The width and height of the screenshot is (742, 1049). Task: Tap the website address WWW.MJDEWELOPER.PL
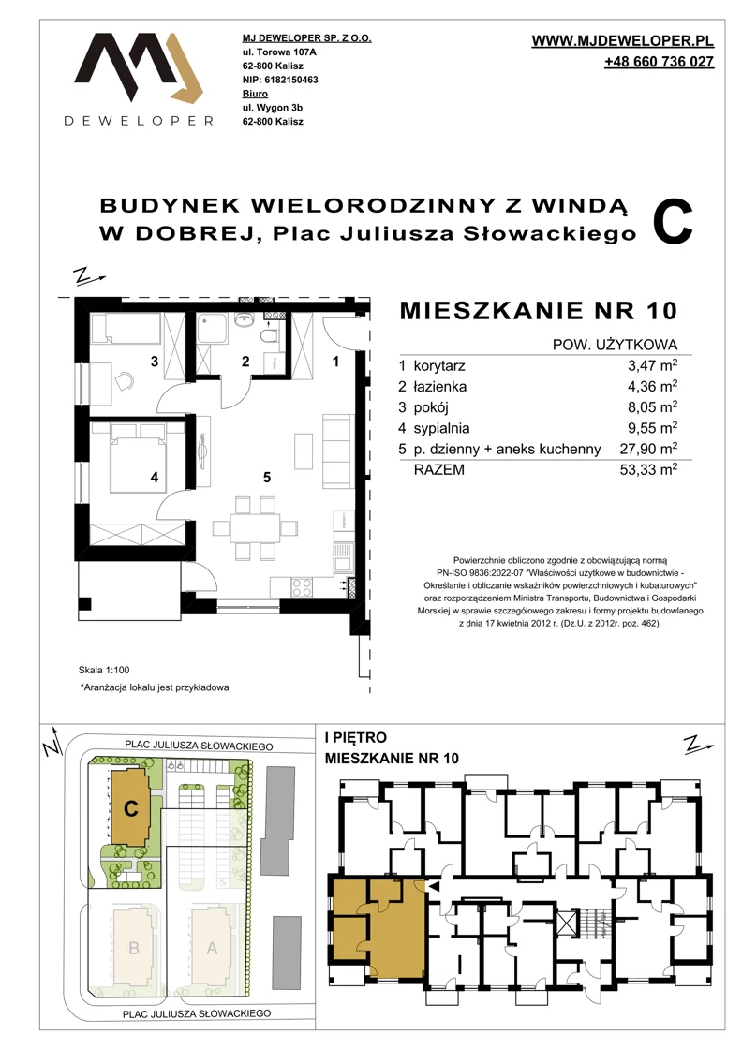pyautogui.click(x=622, y=41)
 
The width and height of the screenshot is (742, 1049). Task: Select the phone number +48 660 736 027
pyautogui.click(x=659, y=62)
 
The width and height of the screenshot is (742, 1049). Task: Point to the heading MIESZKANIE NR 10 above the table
pyautogui.click(x=539, y=310)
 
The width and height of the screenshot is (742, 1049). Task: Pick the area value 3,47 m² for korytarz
pyautogui.click(x=648, y=365)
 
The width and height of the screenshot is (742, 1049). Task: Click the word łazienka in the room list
pyautogui.click(x=440, y=386)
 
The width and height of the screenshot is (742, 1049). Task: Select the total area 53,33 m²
pyautogui.click(x=648, y=469)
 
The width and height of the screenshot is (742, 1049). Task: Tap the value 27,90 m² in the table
pyautogui.click(x=648, y=449)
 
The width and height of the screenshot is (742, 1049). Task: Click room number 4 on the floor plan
pyautogui.click(x=155, y=477)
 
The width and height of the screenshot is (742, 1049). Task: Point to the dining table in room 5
pyautogui.click(x=255, y=528)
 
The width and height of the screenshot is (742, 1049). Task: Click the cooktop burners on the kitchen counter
pyautogui.click(x=301, y=588)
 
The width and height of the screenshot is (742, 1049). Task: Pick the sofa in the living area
pyautogui.click(x=338, y=451)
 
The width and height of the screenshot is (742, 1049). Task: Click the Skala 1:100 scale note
pyautogui.click(x=104, y=670)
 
